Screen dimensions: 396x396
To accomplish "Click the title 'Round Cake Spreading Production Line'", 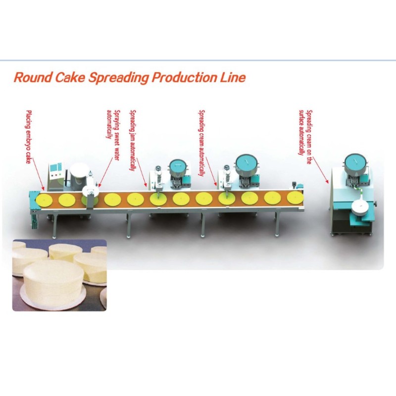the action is click(x=130, y=77).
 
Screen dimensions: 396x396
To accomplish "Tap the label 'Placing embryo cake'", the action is click(x=29, y=137).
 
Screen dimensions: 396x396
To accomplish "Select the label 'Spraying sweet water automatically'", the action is click(x=113, y=135).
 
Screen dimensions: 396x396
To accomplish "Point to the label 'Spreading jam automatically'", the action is click(x=133, y=140).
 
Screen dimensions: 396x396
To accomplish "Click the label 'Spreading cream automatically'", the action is click(x=202, y=143).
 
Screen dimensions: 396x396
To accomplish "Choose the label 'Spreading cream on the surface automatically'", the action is click(x=305, y=137).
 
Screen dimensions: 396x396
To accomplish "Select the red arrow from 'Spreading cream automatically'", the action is click(x=211, y=171).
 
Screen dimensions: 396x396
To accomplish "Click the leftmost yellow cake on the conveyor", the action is click(x=44, y=200).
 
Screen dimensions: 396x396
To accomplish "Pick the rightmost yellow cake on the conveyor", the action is click(x=295, y=198).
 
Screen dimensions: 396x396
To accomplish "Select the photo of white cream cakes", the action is click(x=59, y=275).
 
